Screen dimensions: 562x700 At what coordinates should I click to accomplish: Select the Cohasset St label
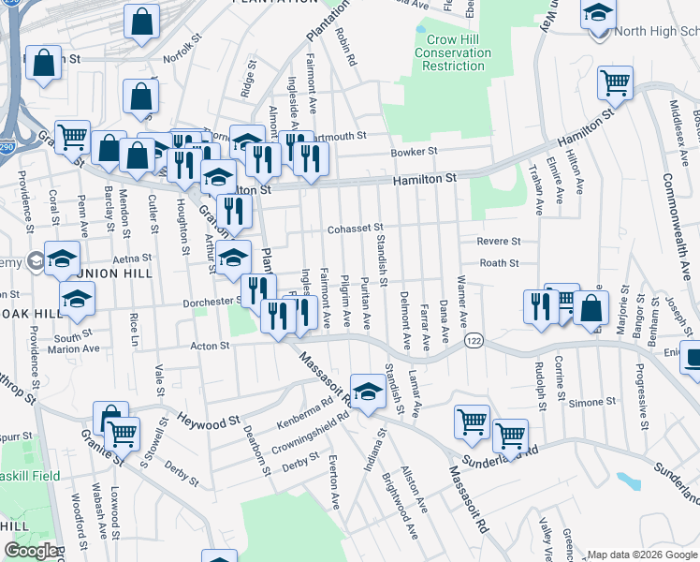pos(356,229)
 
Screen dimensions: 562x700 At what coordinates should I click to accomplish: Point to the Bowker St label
pos(415,152)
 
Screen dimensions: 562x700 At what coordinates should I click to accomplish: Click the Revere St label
pos(498,241)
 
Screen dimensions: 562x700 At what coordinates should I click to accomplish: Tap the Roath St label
pos(499,264)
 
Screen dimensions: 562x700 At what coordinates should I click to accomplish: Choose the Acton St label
pos(211,346)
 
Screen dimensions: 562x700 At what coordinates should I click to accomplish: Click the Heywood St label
pos(209,418)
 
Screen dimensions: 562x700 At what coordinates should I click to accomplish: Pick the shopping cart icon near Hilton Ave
pos(616,82)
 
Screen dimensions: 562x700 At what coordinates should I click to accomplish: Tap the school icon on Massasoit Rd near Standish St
pos(368,392)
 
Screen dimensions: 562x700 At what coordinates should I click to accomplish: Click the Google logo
pos(30,551)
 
